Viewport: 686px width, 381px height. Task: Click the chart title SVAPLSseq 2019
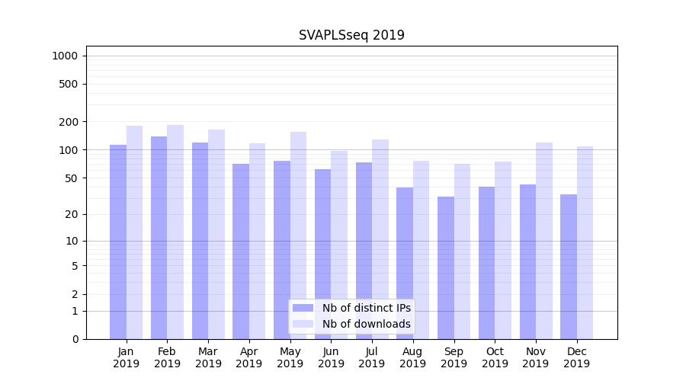click(x=351, y=35)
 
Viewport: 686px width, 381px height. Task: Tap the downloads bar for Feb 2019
click(x=175, y=232)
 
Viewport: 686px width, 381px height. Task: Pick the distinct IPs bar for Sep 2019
click(x=446, y=267)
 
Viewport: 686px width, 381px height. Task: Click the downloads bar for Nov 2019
click(x=544, y=241)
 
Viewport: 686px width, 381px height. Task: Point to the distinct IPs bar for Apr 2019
click(x=241, y=251)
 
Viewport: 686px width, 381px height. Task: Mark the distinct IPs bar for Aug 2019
click(x=405, y=263)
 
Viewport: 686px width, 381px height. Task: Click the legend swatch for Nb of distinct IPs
click(x=303, y=308)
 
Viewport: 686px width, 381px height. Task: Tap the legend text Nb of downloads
click(x=366, y=324)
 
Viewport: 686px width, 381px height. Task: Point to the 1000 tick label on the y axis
click(x=65, y=56)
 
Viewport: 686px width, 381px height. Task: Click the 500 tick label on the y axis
click(x=69, y=84)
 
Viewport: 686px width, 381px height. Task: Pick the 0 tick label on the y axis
click(x=75, y=339)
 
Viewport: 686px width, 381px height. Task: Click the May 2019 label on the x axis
click(x=290, y=357)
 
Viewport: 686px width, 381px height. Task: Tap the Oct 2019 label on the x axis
click(x=495, y=357)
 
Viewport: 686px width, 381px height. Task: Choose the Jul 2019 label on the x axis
click(x=372, y=357)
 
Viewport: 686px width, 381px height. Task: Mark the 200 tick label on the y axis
click(x=69, y=121)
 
